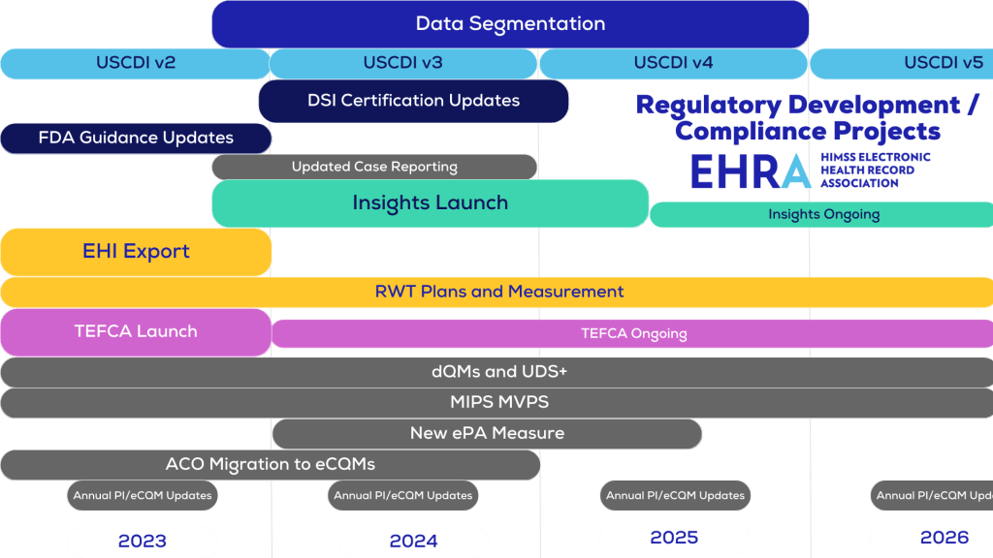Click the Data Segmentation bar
[510, 24]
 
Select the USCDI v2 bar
[135, 64]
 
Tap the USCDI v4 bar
[673, 64]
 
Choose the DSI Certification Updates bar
[413, 101]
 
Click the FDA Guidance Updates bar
[136, 138]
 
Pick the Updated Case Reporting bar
[374, 167]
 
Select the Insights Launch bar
[430, 203]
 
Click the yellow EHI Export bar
[136, 252]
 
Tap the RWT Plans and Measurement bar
[498, 292]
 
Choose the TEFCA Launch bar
[136, 331]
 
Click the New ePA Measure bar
[487, 433]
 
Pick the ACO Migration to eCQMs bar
[270, 464]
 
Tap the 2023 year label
[142, 541]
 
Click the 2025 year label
[674, 538]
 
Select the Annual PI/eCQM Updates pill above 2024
[403, 495]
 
